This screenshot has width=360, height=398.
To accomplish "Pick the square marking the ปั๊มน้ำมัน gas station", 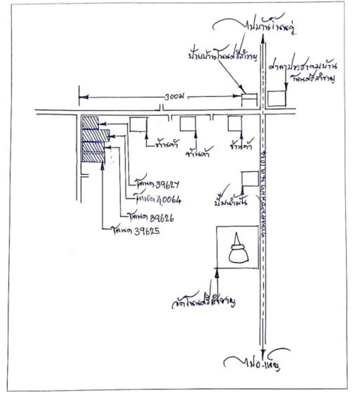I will point(249,179).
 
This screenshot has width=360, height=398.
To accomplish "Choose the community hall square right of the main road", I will point(277,98).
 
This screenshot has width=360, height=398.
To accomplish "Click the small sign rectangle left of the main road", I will point(249,99).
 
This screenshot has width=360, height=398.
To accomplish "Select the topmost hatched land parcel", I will point(90,122).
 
